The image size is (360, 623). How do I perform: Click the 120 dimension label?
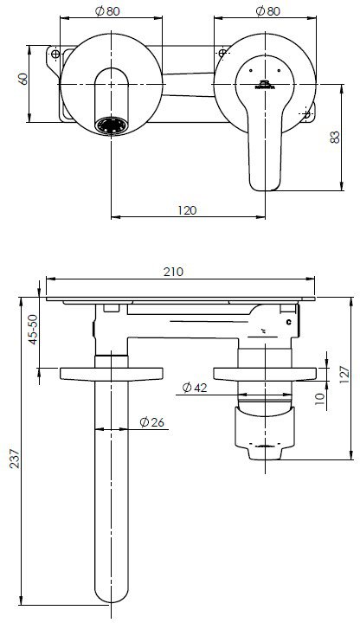point(187,210)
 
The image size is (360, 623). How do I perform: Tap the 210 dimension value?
point(174,272)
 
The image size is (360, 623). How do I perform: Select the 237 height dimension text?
point(15,459)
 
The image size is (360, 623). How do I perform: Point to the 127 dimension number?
point(344,374)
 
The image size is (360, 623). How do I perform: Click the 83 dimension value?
point(335,137)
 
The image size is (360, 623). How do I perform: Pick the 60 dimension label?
point(23,78)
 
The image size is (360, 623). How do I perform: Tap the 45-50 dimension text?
point(33,330)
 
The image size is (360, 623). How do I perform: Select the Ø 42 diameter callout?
point(195,387)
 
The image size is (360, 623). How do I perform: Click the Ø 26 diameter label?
point(151,422)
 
